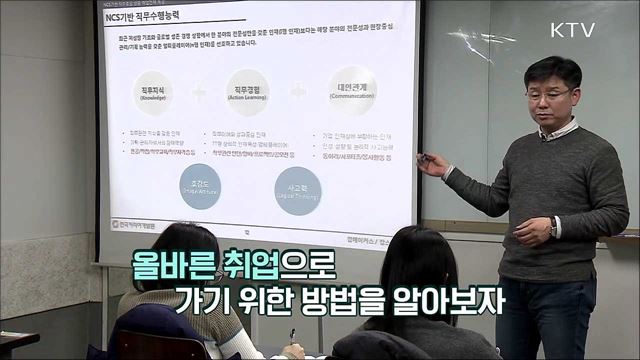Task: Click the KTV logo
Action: pyautogui.click(x=571, y=29)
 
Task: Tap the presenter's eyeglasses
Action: pyautogui.click(x=548, y=94)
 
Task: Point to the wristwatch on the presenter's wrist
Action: pyautogui.click(x=552, y=228)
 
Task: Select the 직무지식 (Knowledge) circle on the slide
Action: pyautogui.click(x=153, y=94)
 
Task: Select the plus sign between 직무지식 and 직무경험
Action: pyautogui.click(x=199, y=94)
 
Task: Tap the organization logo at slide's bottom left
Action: pyautogui.click(x=132, y=223)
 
